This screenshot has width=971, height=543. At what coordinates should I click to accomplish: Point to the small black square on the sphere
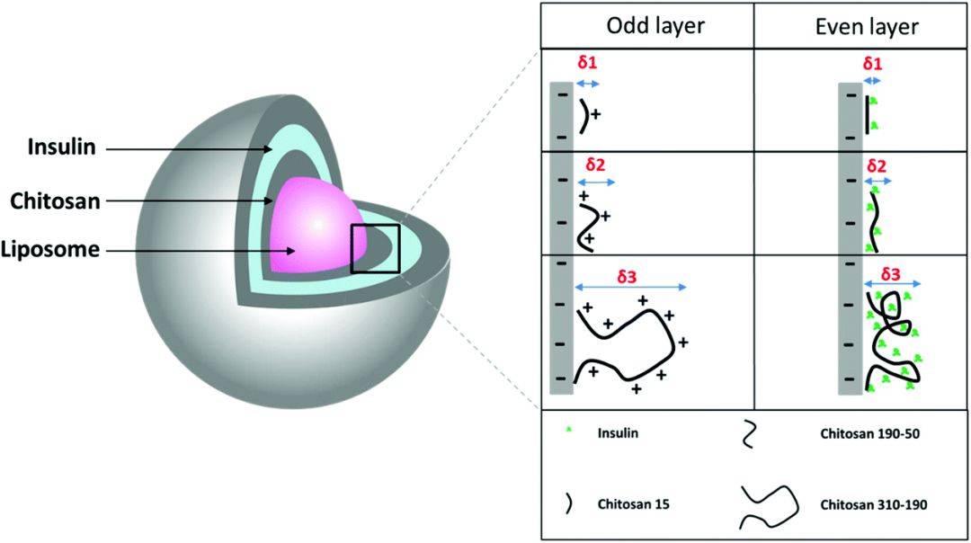point(375,248)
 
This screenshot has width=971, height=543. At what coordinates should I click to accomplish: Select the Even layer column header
point(860,27)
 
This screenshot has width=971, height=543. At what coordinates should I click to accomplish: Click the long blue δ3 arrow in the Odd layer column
point(630,289)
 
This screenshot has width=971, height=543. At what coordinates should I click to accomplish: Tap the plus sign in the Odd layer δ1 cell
point(595,116)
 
